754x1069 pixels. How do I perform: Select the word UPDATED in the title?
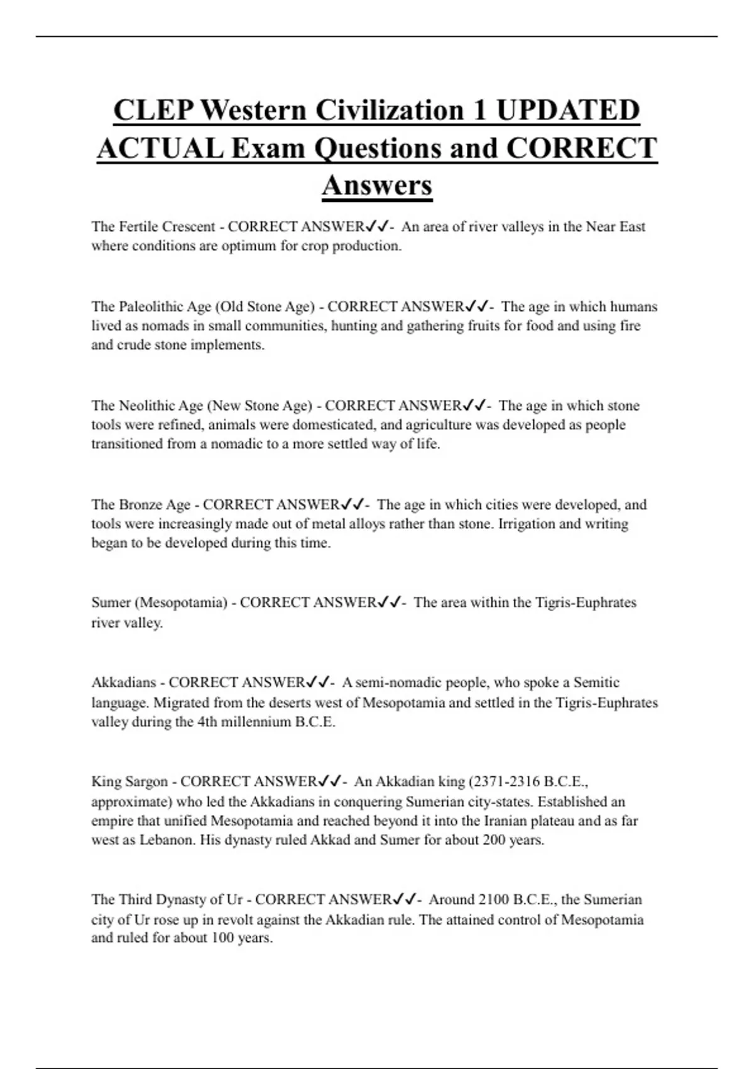point(567,110)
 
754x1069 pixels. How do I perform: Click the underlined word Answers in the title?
point(377,186)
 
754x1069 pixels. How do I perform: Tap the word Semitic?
point(596,682)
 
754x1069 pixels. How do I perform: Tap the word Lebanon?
point(167,840)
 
